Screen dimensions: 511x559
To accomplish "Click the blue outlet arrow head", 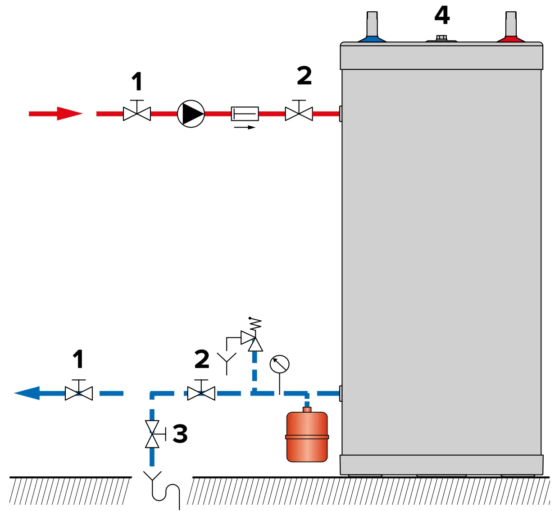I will tap(27, 393).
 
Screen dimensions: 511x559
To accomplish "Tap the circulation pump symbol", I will tap(191, 114).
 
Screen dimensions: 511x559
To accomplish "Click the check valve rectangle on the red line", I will tap(245, 113).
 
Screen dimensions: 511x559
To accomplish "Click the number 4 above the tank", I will tap(442, 15).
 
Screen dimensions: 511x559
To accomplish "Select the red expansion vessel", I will tap(307, 436).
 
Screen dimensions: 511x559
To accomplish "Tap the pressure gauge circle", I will tap(279, 364).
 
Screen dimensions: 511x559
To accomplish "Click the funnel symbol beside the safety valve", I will tap(227, 361).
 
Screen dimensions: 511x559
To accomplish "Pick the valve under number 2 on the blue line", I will tap(201, 393).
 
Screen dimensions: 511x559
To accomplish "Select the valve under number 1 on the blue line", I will tap(79, 393).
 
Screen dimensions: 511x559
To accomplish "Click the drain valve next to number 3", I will tap(152, 434).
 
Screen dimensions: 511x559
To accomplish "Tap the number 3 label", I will tap(180, 434).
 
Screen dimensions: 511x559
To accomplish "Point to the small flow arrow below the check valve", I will tap(245, 128).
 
